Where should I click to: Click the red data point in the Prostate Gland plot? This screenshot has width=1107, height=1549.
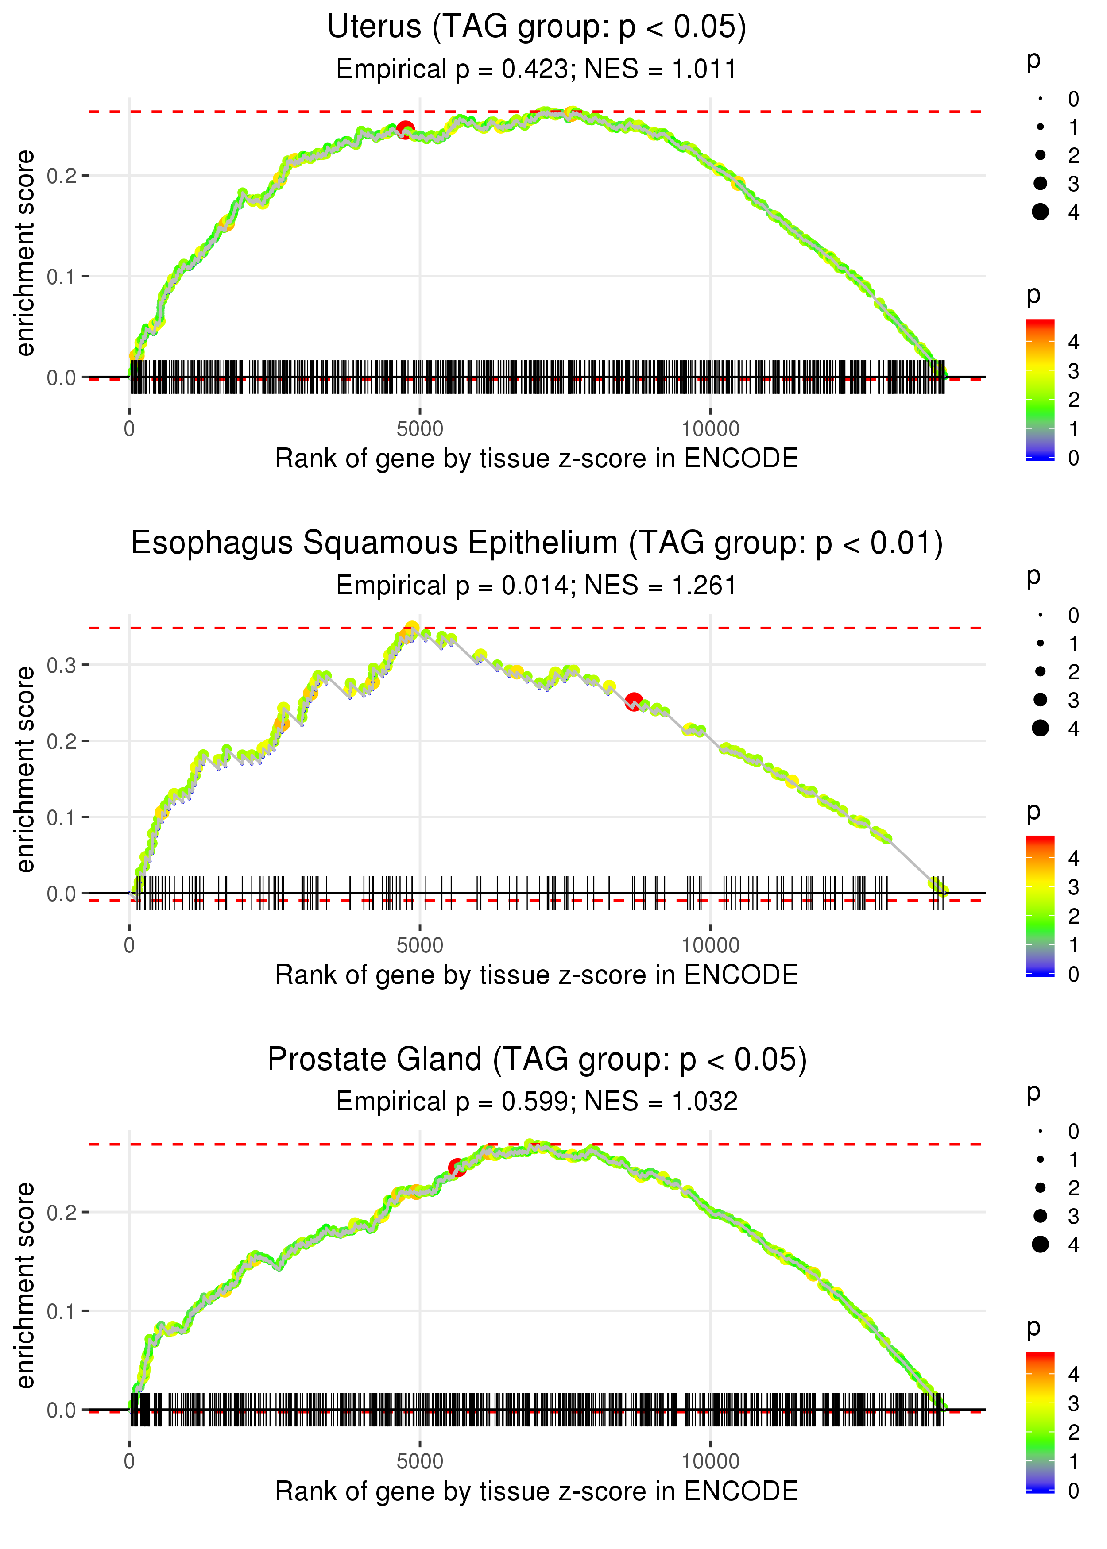[x=457, y=1168]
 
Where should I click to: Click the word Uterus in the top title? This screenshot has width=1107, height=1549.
[x=374, y=27]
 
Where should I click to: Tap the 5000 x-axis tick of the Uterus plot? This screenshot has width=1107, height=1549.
[x=420, y=429]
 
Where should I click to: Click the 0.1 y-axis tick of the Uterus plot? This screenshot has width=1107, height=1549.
[x=62, y=277]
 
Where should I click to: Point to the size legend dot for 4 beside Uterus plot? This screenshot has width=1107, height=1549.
[x=1040, y=212]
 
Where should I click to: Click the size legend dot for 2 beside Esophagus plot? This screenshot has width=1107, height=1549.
[x=1040, y=672]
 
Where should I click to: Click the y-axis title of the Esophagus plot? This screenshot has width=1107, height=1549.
[x=25, y=770]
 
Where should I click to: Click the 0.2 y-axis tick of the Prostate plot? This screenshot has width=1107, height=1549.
[x=62, y=1213]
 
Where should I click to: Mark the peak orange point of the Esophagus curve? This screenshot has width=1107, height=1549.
[x=412, y=628]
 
